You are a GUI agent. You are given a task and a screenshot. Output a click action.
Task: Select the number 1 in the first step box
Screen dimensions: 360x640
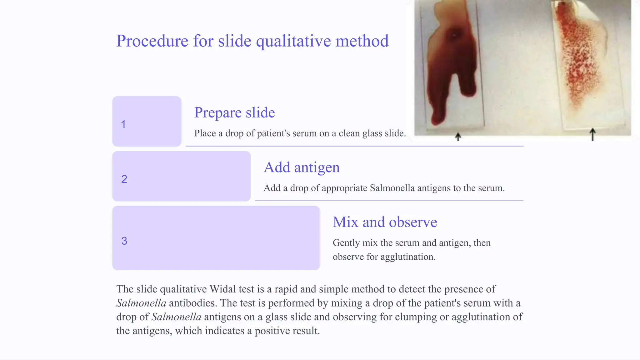click(x=123, y=124)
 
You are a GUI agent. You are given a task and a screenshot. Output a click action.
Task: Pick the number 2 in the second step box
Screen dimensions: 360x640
click(x=124, y=179)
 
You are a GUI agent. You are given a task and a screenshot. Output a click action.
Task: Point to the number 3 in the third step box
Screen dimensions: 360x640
click(x=124, y=241)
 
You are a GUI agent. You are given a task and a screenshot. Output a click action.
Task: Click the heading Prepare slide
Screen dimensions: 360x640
click(x=234, y=112)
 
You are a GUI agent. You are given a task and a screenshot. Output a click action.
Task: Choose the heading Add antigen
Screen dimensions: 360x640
click(x=302, y=167)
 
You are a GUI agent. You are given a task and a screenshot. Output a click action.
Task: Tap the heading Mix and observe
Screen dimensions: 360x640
click(x=385, y=222)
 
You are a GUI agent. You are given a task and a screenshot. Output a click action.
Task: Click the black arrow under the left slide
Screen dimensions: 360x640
click(x=458, y=137)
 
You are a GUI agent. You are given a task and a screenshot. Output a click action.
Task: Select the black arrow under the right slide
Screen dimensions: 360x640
click(x=592, y=135)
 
